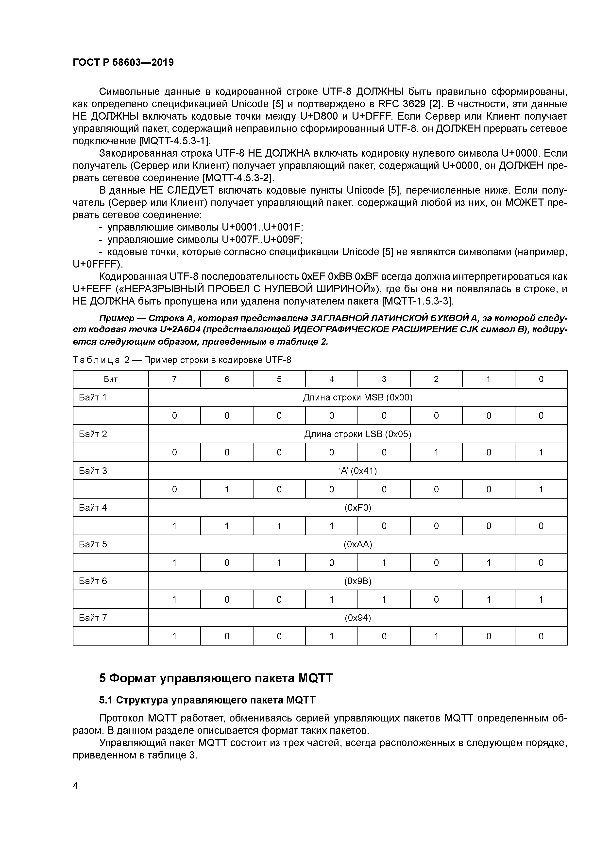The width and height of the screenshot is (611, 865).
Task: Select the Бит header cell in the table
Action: tap(110, 379)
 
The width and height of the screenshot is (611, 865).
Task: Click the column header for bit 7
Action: tap(174, 379)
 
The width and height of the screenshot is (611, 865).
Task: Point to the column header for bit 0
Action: tap(541, 379)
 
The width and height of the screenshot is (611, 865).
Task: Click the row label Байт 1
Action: tap(93, 397)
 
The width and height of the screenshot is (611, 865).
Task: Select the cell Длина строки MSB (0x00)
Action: tap(358, 397)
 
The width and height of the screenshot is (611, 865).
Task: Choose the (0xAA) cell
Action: tap(358, 544)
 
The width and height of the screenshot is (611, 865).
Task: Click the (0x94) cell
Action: tap(358, 618)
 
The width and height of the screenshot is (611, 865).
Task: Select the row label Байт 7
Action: tap(93, 618)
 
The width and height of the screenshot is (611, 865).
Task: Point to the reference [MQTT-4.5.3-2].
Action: tap(238, 178)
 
